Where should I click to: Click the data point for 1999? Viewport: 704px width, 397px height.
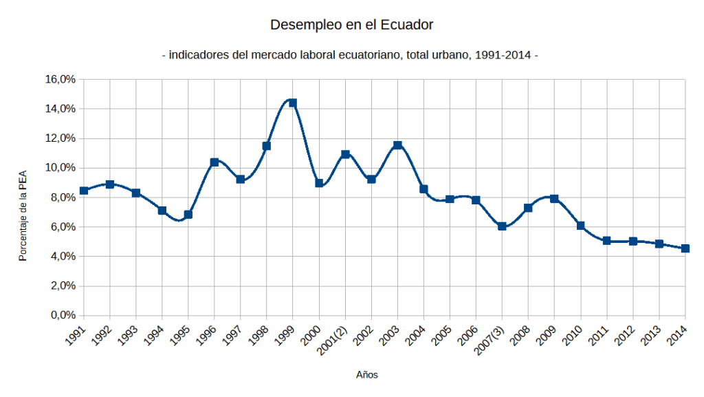pyautogui.click(x=293, y=103)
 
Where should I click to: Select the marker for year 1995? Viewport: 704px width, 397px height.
pyautogui.click(x=188, y=215)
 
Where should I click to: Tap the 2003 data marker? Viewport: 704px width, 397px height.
pyautogui.click(x=397, y=145)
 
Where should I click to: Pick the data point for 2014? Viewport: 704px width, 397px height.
pyautogui.click(x=685, y=248)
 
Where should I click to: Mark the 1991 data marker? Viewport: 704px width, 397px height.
pyautogui.click(x=84, y=191)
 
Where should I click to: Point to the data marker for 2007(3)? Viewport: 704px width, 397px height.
pyautogui.click(x=502, y=226)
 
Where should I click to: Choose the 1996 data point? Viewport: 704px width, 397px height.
pyautogui.click(x=214, y=162)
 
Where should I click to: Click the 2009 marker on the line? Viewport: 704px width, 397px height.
pyautogui.click(x=554, y=199)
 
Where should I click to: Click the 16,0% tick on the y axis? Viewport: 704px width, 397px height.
pyautogui.click(x=60, y=79)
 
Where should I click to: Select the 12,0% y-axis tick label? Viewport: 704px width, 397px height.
pyautogui.click(x=60, y=138)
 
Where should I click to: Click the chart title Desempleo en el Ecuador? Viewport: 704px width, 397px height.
pyautogui.click(x=351, y=25)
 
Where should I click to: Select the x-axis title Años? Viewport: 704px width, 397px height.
pyautogui.click(x=367, y=375)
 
